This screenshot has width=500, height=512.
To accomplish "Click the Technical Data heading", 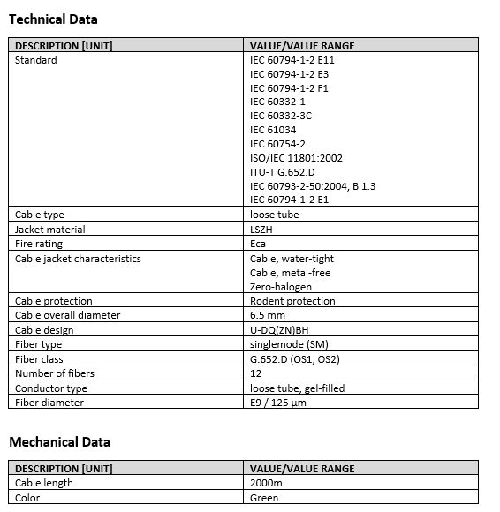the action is click(x=53, y=19).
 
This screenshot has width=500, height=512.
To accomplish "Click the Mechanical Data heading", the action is click(x=59, y=441).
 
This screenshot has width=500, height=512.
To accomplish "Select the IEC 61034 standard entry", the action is click(x=273, y=130).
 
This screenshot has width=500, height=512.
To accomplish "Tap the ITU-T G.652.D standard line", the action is click(x=282, y=172).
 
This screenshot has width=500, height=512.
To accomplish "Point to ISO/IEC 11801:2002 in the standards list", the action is click(x=296, y=158).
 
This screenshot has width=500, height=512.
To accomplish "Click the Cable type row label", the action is click(x=40, y=215).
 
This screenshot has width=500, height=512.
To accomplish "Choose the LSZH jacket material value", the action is click(x=261, y=230).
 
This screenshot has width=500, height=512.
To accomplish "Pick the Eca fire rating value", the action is click(x=258, y=244).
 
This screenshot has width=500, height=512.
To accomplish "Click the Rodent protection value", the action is click(x=292, y=301).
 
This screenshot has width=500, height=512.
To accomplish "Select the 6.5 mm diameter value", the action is click(x=268, y=315).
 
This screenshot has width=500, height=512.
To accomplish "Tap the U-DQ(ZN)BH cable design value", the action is click(x=283, y=329).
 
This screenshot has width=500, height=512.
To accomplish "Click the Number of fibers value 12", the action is click(x=255, y=373).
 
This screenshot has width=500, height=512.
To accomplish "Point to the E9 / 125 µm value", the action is click(x=278, y=403).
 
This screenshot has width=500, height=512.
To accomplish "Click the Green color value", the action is click(x=264, y=498).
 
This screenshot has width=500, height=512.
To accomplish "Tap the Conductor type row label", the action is click(x=51, y=388).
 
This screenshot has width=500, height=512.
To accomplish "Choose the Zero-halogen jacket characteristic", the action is click(x=280, y=287).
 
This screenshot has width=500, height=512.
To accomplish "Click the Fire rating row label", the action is click(x=39, y=244).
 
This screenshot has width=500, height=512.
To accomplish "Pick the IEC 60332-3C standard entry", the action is click(x=281, y=116).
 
